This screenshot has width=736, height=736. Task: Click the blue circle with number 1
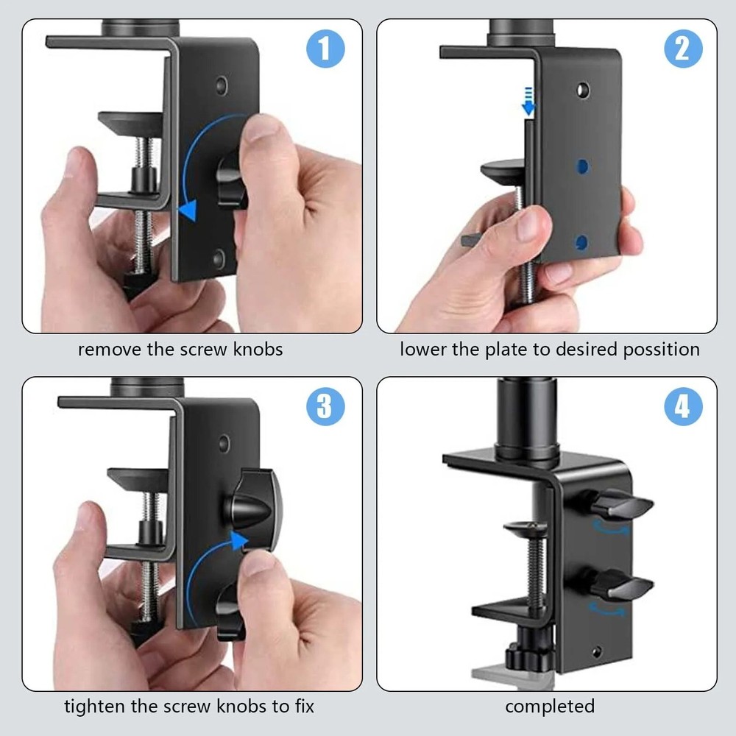click(x=324, y=50)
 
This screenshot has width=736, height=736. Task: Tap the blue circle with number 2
click(x=682, y=49)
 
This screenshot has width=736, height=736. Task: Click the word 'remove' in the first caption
click(x=110, y=349)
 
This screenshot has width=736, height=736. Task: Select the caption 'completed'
click(x=549, y=707)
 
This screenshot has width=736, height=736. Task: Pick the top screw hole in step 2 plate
click(x=583, y=91)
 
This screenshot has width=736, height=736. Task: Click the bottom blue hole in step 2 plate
click(x=581, y=241)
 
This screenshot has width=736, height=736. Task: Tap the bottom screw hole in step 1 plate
click(x=219, y=257)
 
